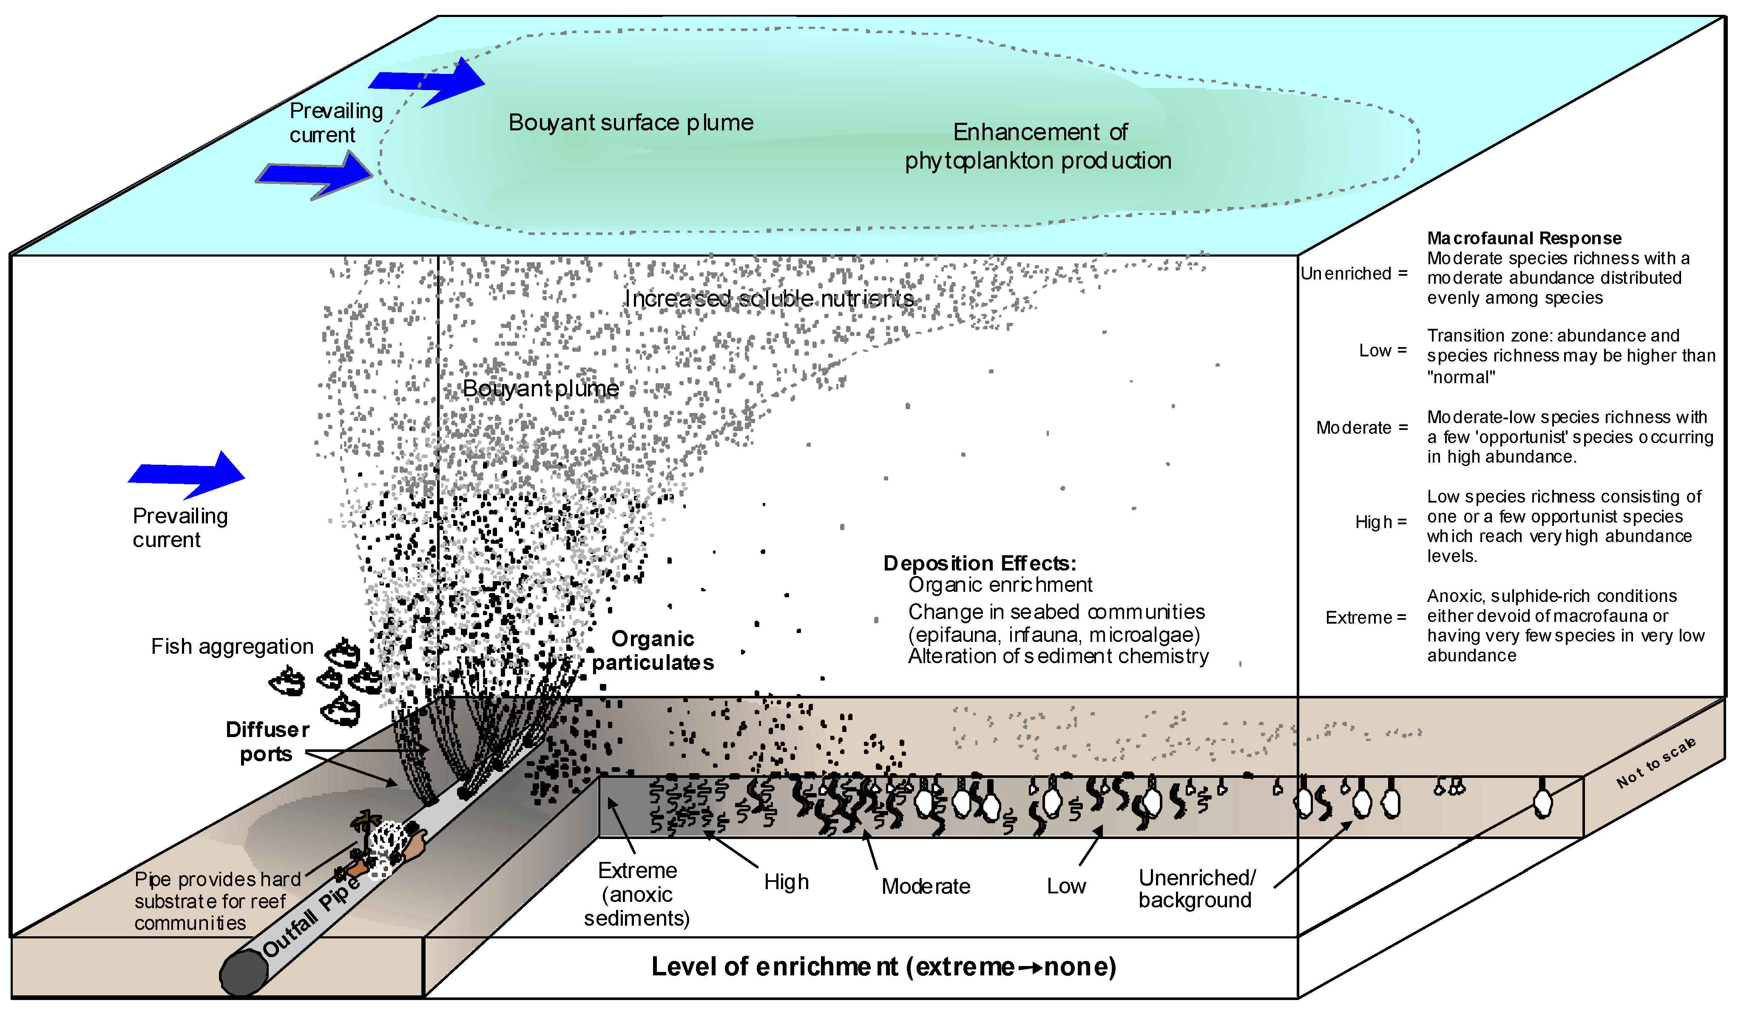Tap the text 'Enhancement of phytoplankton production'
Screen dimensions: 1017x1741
tap(1038, 147)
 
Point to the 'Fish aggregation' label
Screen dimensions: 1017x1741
tap(232, 646)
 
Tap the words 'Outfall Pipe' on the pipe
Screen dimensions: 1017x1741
tap(311, 918)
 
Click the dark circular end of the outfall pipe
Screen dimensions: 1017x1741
tap(243, 972)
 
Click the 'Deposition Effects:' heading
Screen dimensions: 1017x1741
tap(979, 563)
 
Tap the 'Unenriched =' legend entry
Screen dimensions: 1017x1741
tap(1353, 274)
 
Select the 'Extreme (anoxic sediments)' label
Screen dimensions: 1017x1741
tap(636, 894)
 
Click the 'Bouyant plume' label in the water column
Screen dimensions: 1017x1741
tap(540, 389)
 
